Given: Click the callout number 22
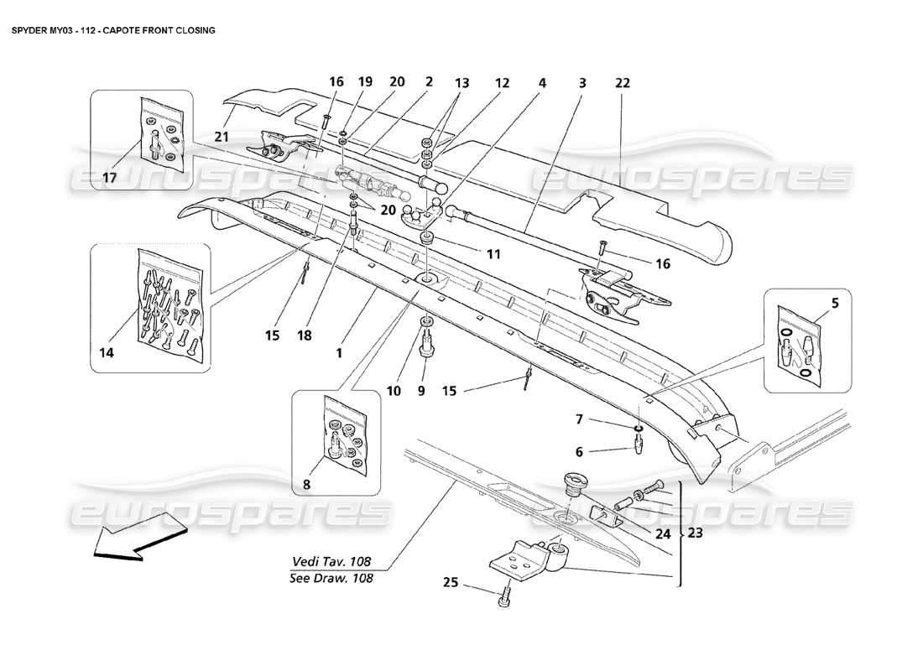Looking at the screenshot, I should point(622,83).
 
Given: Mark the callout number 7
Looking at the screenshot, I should point(579,419).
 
